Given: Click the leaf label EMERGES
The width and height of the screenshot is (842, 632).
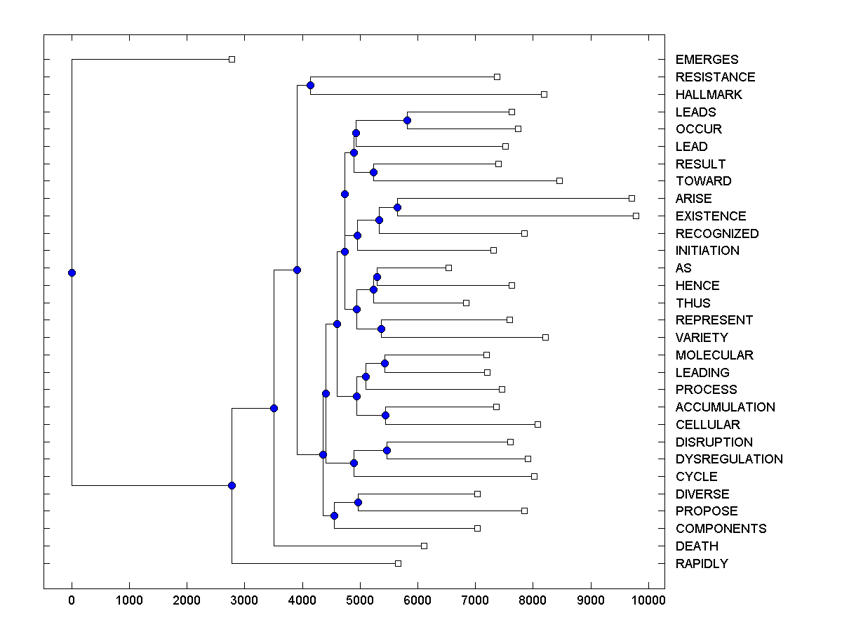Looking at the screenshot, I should [707, 60].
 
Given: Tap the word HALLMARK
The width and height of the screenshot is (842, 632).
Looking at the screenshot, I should [709, 94].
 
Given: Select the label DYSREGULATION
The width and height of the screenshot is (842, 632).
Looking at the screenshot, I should [729, 459].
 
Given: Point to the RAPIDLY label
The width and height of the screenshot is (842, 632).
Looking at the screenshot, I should [702, 563].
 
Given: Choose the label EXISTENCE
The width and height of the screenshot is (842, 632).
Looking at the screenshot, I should [711, 216].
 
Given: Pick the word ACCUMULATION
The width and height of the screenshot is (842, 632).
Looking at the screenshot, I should [725, 407].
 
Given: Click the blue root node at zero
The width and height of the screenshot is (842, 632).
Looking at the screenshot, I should [72, 272].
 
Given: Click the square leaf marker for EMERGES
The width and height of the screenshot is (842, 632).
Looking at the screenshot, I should [232, 60].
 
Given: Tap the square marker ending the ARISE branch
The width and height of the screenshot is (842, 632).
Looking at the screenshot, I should [631, 198].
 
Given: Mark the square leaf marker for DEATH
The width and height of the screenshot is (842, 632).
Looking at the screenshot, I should [424, 546].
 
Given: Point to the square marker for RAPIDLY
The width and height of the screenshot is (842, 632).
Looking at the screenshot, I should [398, 563].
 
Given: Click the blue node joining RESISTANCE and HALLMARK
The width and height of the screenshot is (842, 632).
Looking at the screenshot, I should [310, 85].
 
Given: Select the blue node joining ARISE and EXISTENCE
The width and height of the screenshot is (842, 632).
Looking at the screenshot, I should [397, 207].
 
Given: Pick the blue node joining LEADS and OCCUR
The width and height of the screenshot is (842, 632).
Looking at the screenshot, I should [407, 120].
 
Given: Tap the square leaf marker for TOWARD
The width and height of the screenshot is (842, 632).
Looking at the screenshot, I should [559, 181].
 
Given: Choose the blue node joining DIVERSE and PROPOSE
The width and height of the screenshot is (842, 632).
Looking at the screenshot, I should [358, 502].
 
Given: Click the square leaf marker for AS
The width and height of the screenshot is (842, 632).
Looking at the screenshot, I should [449, 268].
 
